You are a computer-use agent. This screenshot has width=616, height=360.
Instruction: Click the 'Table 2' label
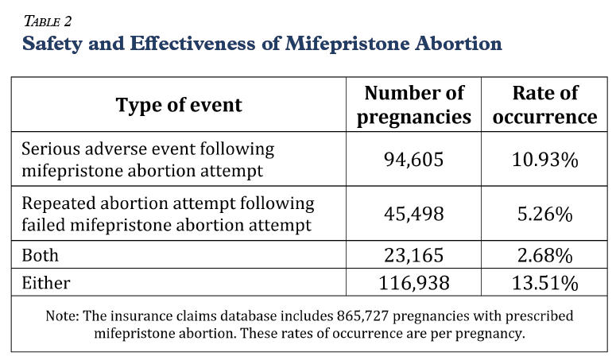tap(48, 21)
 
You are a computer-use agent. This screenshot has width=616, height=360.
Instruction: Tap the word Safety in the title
tap(52, 44)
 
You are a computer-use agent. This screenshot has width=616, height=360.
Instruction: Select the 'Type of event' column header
tap(179, 105)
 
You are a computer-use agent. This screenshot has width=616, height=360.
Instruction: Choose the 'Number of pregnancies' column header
tap(413, 105)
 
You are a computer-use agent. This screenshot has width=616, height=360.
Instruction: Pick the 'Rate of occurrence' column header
tap(545, 105)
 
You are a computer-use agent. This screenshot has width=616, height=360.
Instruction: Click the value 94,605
tap(413, 160)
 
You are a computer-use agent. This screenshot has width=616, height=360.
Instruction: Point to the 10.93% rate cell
tap(545, 160)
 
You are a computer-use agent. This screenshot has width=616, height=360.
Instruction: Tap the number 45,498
tap(413, 214)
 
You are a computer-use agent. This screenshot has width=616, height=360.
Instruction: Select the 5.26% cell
tap(545, 214)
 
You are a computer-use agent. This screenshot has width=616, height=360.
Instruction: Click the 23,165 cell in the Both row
tap(413, 255)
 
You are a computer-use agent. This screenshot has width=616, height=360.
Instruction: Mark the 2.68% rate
tap(545, 255)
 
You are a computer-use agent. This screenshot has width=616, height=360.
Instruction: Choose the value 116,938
tap(413, 283)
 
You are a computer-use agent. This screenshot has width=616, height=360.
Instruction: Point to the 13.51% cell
tap(545, 283)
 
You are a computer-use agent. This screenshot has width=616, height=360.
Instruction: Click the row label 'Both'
tap(40, 255)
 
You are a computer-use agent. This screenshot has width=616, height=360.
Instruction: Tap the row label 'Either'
tap(46, 283)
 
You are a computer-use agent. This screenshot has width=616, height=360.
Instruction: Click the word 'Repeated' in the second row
tap(58, 204)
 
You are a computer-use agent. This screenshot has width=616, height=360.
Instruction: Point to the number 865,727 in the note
tap(362, 315)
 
